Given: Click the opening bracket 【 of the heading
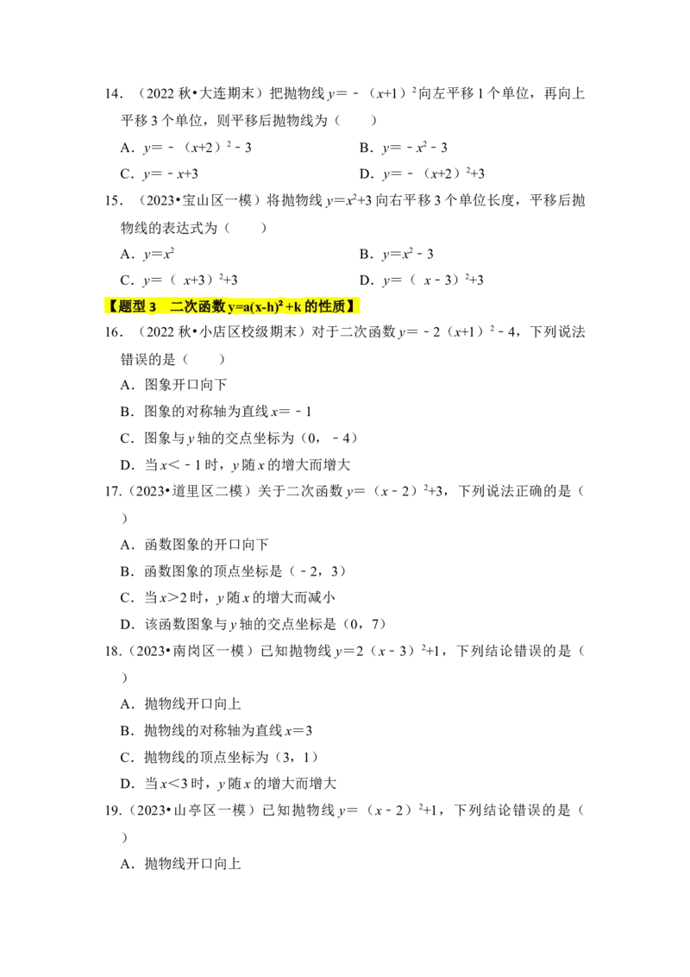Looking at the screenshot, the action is (x=112, y=306).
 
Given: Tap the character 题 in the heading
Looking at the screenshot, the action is (x=125, y=306).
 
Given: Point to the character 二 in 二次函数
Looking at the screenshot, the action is (x=177, y=306).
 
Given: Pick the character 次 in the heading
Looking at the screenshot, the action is (x=191, y=306).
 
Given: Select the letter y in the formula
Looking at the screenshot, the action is (x=231, y=308).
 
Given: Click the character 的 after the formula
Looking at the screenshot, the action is (x=311, y=306).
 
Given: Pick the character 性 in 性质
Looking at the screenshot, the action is (x=325, y=306).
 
